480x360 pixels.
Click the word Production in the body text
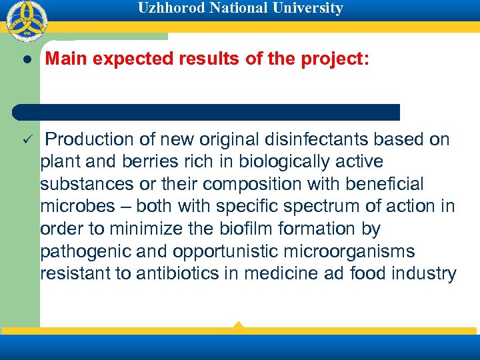coord(90,139)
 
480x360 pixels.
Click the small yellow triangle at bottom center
coord(238,325)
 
